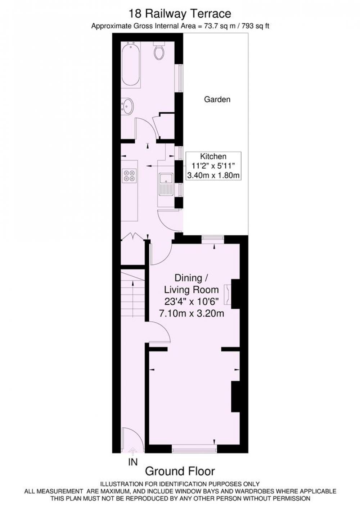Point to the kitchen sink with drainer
166,184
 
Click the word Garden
217,99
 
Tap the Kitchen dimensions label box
213,166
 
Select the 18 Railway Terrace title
180,14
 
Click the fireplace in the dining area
228,295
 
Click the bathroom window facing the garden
180,78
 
